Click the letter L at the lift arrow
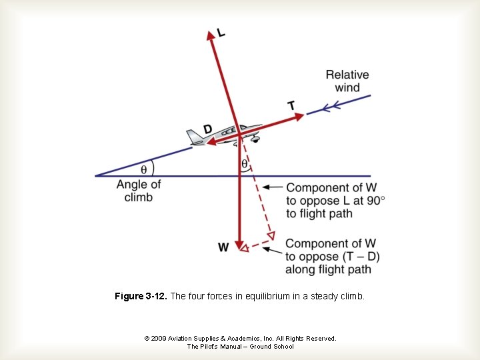click(x=221, y=33)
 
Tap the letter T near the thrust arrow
click(x=291, y=105)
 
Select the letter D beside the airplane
click(x=208, y=128)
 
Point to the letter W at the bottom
click(x=223, y=247)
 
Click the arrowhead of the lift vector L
click(x=212, y=35)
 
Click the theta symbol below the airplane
click(x=244, y=163)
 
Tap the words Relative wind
click(x=347, y=81)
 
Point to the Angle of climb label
click(x=139, y=191)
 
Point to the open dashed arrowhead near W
click(x=244, y=248)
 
